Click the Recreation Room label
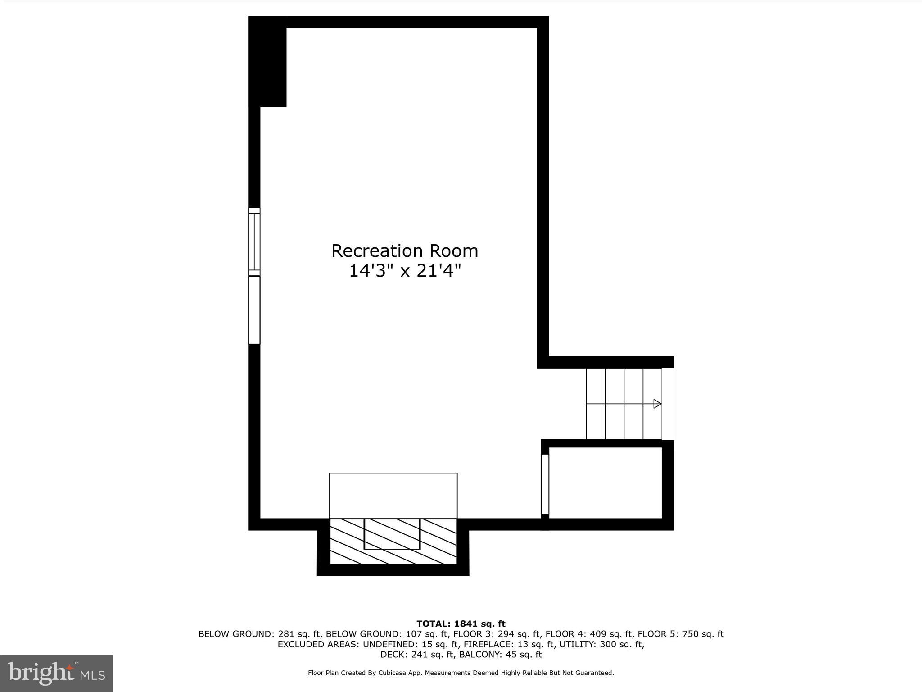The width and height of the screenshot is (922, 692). click(404, 251)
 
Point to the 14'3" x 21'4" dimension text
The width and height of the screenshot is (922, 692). click(405, 271)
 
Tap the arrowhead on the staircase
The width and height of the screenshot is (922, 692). click(657, 404)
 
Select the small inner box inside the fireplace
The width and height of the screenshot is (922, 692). click(392, 534)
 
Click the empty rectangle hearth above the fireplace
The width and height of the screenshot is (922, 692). click(393, 496)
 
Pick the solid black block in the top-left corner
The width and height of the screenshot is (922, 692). click(268, 63)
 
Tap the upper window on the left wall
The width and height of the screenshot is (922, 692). click(254, 242)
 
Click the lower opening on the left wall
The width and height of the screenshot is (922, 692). click(254, 310)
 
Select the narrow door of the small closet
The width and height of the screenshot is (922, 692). click(545, 484)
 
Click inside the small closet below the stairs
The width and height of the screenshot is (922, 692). click(605, 483)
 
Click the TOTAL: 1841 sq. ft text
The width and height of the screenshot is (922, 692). click(461, 624)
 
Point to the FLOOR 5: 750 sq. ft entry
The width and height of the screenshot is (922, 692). click(681, 634)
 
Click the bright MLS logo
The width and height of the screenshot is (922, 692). click(56, 673)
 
